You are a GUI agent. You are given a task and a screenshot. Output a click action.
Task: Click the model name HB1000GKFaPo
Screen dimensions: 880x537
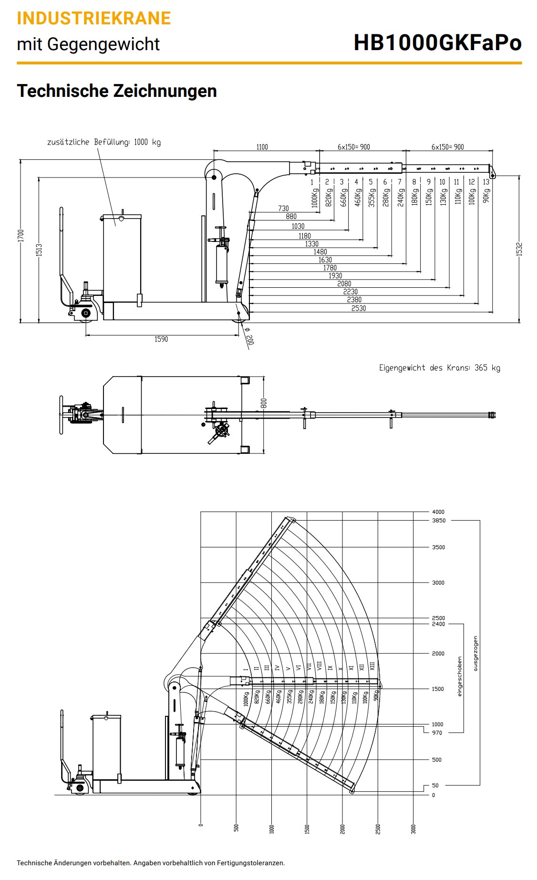coord(437,43)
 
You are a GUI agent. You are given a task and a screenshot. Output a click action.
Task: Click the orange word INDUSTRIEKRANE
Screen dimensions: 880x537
coord(93,18)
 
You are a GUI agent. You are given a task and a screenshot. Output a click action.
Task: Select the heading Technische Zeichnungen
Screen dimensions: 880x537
coord(117,91)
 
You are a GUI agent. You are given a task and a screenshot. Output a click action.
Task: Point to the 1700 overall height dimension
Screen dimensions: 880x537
coord(21,235)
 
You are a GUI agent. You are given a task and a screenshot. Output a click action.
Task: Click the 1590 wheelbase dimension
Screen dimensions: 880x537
coord(161,339)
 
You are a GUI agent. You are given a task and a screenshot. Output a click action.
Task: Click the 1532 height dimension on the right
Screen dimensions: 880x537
coord(519,249)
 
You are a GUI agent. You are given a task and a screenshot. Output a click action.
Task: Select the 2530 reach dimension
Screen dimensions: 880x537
coord(359,308)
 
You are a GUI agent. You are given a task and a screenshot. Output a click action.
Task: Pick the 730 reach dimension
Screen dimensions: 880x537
coord(283,209)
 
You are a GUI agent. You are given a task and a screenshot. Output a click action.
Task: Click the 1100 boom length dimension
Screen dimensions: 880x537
coord(262,147)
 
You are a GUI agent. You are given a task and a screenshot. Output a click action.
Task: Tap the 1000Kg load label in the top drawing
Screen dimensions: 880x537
coord(314,198)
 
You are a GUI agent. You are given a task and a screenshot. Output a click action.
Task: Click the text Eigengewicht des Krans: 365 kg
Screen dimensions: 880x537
coord(439,367)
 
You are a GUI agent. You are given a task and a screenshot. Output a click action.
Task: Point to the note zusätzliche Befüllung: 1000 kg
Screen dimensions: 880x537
coord(103,142)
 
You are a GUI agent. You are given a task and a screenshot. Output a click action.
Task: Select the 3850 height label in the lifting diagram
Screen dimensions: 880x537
coord(438,521)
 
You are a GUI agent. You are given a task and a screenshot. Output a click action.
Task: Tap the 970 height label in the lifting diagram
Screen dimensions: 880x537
coord(437,733)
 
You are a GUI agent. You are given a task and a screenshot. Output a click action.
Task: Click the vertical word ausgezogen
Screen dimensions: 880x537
coord(475,653)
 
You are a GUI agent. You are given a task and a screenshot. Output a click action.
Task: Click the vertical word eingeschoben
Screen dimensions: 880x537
coord(460,677)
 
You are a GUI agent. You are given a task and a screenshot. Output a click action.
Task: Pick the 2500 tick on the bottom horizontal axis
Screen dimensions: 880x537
coord(378,828)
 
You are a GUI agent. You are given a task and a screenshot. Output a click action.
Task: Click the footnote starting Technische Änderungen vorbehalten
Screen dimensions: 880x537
coord(151,863)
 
